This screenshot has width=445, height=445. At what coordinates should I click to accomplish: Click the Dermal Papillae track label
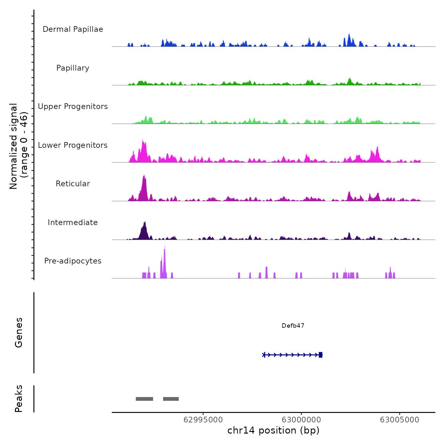coord(73,29)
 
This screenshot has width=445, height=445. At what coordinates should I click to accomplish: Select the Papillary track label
coord(73,68)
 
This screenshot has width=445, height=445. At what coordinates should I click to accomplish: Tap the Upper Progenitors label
coord(73,106)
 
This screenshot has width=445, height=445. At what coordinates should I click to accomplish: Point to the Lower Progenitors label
coord(73,145)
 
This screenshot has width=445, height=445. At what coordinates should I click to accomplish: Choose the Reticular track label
coord(73,184)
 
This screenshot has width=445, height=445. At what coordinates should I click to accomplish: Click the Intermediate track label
coord(73,222)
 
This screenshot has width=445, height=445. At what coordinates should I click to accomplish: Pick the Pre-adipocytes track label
coord(73,261)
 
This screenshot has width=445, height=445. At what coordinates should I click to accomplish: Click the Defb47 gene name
coord(293,326)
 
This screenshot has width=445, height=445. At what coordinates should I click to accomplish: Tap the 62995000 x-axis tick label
coord(203,420)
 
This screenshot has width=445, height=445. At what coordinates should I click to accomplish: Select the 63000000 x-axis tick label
coord(301,420)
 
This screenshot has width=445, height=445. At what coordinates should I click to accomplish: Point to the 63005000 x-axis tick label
coord(400,420)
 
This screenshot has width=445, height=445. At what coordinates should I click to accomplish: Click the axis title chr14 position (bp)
coord(273,430)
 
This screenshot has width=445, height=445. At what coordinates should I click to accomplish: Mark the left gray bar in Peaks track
coord(144,399)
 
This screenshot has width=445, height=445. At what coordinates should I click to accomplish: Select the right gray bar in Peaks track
coord(171,399)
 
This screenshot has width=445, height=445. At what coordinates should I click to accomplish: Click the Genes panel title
coord(19,332)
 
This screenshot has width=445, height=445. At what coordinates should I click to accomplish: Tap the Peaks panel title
coord(19,399)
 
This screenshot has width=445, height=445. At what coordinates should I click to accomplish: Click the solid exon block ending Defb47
coord(320,355)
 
